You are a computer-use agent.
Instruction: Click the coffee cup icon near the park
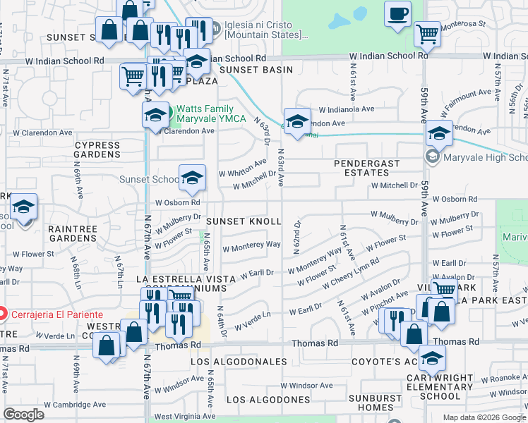coord(398,13)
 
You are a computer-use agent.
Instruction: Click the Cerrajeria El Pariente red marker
coord(3,314)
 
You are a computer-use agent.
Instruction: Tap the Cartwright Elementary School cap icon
coord(432,359)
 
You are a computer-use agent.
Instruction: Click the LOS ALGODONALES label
coord(239,362)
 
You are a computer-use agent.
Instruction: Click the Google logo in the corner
coord(24,414)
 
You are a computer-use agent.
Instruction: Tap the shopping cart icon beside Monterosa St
coord(427,32)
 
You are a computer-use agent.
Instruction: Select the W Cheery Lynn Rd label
coord(351,274)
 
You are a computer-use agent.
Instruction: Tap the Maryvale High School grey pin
coord(431,156)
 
